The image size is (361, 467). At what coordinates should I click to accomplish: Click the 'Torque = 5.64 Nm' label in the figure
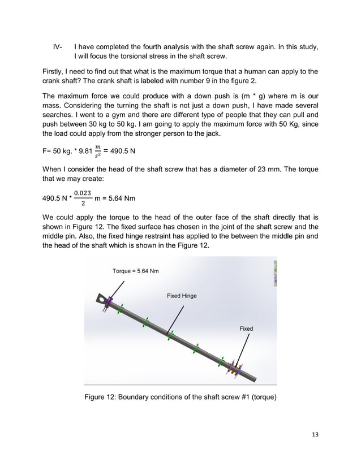tap(136, 271)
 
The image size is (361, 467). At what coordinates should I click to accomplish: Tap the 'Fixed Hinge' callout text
tap(182, 296)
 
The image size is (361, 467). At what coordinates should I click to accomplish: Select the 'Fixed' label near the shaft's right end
tap(246, 328)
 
